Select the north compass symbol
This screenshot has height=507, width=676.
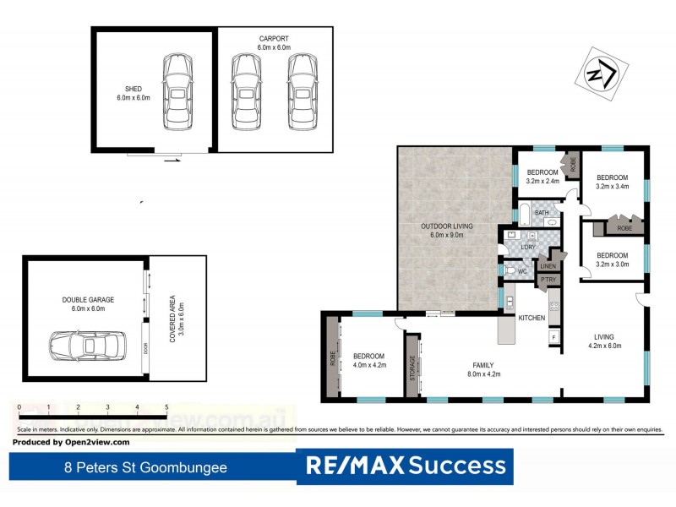click(602, 76)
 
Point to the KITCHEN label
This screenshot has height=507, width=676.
click(531, 317)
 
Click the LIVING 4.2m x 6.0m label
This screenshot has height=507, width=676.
click(604, 340)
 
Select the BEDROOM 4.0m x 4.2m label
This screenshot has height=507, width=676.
click(368, 361)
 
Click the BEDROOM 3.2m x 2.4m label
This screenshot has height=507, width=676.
click(542, 176)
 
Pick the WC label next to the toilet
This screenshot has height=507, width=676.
click(521, 271)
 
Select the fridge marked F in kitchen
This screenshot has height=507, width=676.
click(553, 337)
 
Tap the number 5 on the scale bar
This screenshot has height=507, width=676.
click(166, 408)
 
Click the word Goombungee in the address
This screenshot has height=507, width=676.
click(186, 466)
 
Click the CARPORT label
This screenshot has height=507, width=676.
click(275, 40)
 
